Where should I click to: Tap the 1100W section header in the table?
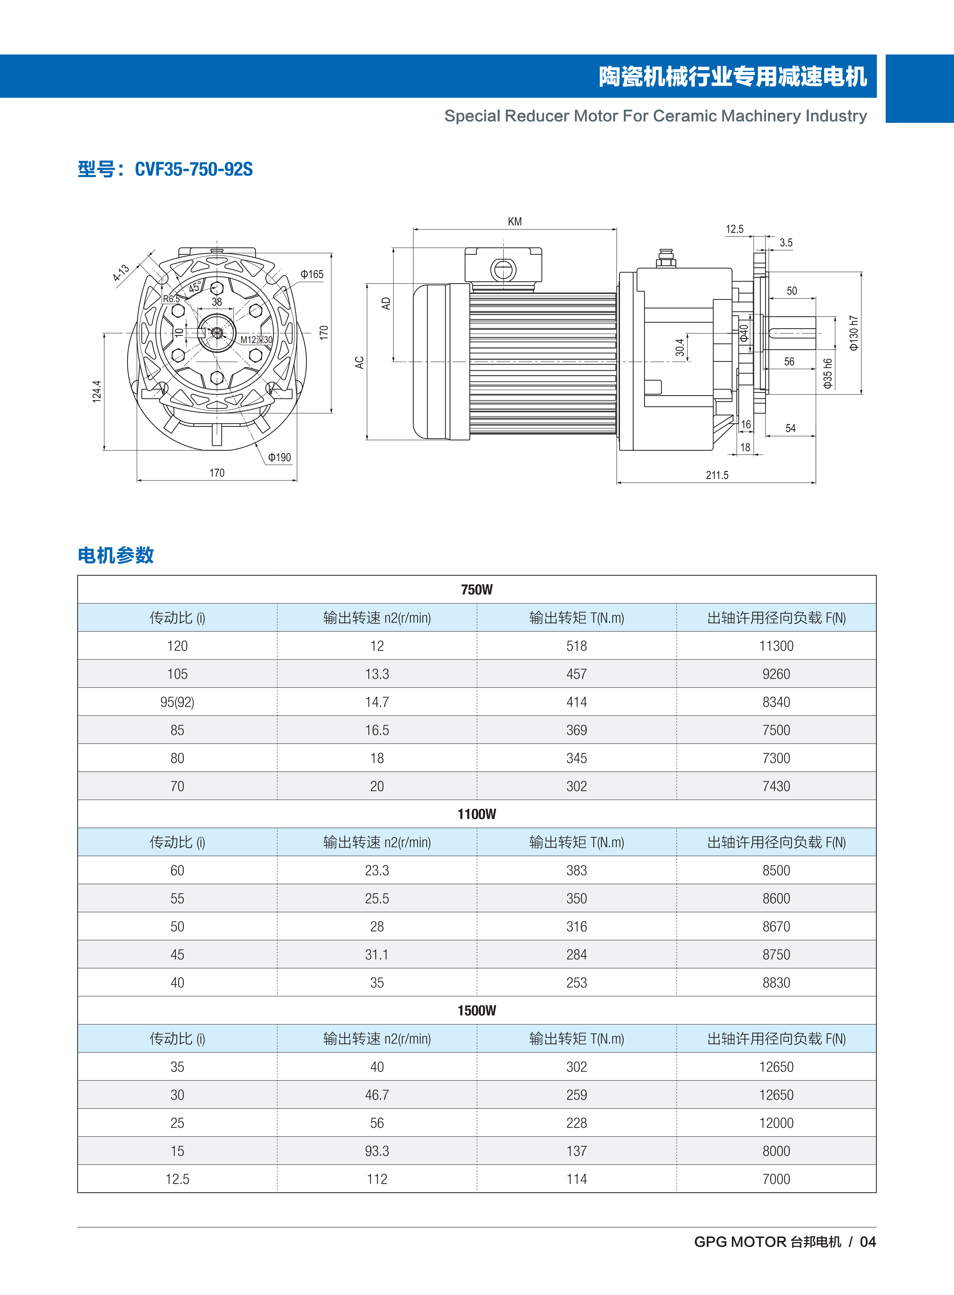(476, 814)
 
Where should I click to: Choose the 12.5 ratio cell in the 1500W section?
(177, 1179)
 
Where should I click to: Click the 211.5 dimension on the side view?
(717, 475)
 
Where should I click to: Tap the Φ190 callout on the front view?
(279, 458)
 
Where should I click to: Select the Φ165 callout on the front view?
(312, 274)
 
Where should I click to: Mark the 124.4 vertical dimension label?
(96, 391)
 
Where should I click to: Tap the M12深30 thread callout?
(256, 340)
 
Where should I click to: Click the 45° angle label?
(195, 287)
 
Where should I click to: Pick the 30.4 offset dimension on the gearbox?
(680, 347)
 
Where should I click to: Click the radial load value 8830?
(776, 983)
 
